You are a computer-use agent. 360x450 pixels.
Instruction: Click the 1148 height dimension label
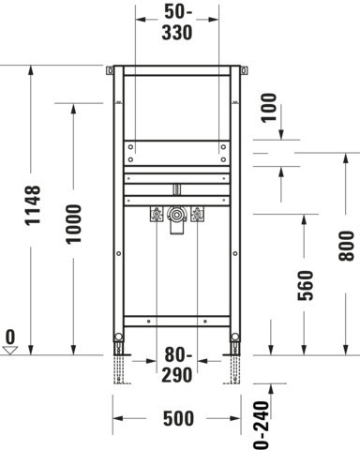pos(33,205)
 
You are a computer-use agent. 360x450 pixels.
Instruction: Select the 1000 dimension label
pos(74,224)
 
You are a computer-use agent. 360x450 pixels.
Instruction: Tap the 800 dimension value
pos(346,246)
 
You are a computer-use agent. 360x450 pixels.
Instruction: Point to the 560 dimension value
pos(306,286)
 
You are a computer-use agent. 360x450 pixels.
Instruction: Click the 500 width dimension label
pos(178,418)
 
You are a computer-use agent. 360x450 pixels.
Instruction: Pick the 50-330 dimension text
pos(177,22)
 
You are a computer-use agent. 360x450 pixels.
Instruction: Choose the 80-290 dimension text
pos(177,365)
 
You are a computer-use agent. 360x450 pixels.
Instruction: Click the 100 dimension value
pos(269,108)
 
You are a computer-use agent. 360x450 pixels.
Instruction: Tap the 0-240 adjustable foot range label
pos(261,426)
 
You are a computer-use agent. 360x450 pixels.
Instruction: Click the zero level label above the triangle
pos(10,337)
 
